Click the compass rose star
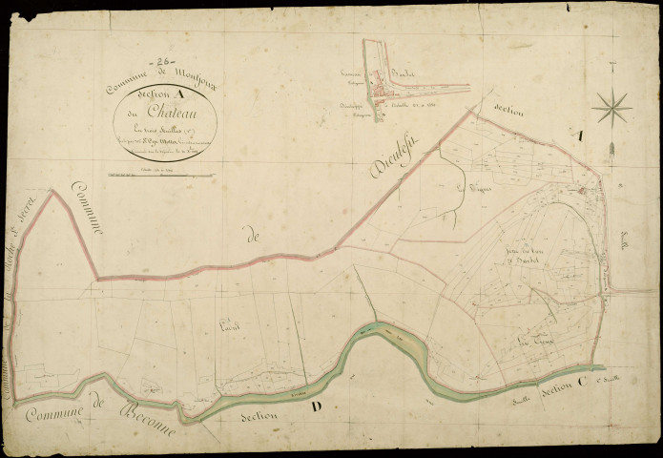point(611,106)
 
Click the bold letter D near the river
point(316,408)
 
